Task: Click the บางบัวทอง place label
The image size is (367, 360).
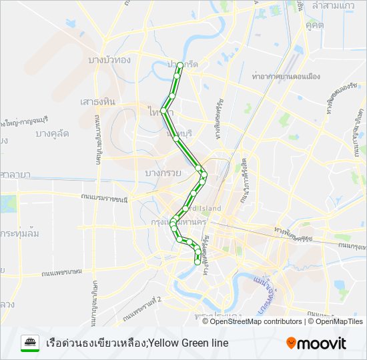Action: [109, 60]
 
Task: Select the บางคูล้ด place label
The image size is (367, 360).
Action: [52, 133]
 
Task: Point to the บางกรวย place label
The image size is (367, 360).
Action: [161, 173]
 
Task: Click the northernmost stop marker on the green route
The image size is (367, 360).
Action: [179, 65]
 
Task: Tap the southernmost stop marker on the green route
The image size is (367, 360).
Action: [197, 263]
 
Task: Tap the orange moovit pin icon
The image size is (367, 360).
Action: [291, 343]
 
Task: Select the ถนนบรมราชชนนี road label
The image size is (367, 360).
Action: [104, 198]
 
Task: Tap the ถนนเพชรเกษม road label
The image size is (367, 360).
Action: [61, 272]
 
